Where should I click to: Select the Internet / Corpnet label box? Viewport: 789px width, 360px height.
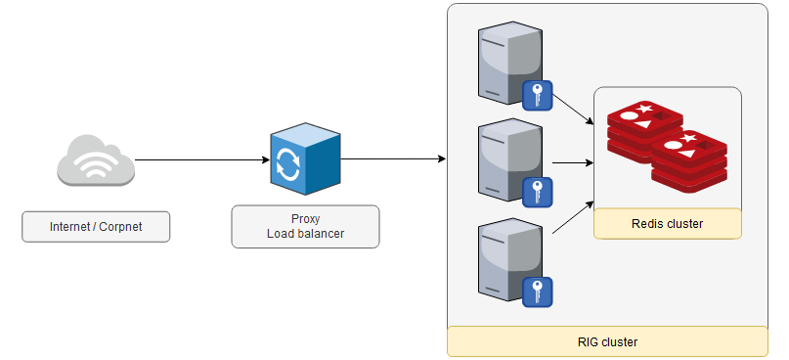96,227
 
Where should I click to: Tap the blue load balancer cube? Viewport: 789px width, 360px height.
304,159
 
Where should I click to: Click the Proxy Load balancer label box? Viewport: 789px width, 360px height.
305,226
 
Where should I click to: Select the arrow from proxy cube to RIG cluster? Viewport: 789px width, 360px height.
391,159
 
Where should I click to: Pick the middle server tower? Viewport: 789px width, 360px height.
508,159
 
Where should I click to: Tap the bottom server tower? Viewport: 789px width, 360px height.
508,259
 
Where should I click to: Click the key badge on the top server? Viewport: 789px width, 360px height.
538,96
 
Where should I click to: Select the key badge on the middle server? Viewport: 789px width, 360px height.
538,193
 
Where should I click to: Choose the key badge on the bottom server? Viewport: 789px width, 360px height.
538,292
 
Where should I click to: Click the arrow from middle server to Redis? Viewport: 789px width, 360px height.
569,163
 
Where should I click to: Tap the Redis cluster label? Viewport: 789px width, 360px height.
668,224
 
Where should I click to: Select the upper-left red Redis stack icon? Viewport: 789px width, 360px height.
642,127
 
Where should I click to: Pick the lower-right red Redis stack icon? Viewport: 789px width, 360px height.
691,160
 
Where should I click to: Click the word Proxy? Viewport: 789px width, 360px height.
305,218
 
